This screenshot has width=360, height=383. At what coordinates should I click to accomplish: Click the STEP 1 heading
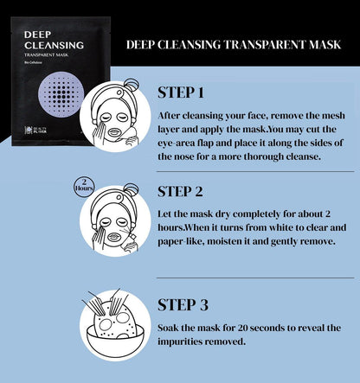pos(181,93)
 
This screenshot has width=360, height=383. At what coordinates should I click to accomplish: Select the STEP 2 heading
pos(180,191)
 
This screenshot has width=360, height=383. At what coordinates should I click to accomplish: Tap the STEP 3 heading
pos(183,305)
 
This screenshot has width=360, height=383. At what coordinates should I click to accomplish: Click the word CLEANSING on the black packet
pos(54,45)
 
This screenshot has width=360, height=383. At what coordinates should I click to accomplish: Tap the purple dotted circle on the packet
pos(61,95)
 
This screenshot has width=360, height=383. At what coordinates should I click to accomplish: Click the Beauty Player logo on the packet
pos(35,131)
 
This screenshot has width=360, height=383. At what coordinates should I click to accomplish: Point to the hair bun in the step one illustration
pos(131,86)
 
